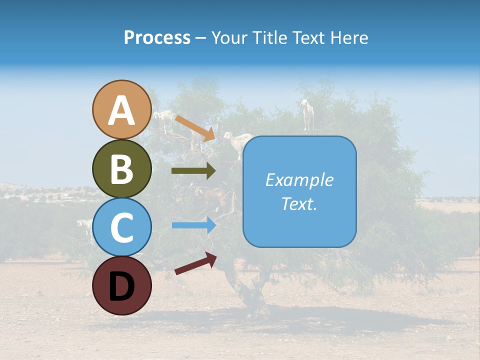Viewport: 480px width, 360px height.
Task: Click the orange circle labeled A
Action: (122, 110)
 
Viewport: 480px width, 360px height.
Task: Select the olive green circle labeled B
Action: (122, 169)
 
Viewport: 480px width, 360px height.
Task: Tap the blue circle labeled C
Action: (122, 227)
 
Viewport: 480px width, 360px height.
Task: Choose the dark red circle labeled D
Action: (122, 286)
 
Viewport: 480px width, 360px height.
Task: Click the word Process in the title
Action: (157, 38)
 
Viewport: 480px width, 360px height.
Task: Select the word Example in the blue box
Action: (299, 180)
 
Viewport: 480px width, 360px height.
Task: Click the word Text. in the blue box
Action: (299, 204)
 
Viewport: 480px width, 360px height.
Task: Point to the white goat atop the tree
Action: (307, 114)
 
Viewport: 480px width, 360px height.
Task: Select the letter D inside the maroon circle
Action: (122, 287)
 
